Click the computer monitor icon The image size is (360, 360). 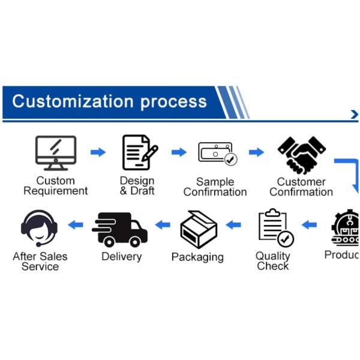(56, 152)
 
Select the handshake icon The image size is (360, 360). (301, 154)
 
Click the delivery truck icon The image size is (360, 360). (119, 229)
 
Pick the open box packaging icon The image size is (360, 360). (198, 229)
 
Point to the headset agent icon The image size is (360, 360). (40, 228)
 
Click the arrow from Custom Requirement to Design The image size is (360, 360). (98, 152)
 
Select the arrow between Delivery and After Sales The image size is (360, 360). (76, 225)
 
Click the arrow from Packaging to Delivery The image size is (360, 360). (163, 225)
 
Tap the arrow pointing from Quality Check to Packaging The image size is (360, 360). (233, 225)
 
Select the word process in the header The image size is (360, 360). (174, 101)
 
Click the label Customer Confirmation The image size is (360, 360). (301, 187)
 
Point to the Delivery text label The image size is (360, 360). (121, 257)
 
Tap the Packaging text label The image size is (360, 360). (197, 257)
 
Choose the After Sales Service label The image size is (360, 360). (40, 262)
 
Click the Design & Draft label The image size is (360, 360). (137, 185)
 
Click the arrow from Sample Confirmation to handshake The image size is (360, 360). (256, 152)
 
